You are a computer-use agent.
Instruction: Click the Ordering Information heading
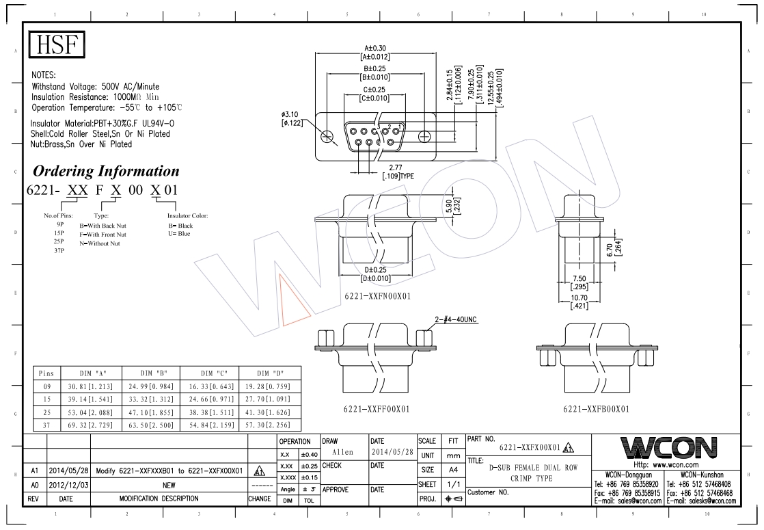pos(106,170)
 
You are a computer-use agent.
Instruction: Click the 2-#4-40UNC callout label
pos(455,319)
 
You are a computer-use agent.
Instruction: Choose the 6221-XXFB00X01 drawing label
pos(595,408)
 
